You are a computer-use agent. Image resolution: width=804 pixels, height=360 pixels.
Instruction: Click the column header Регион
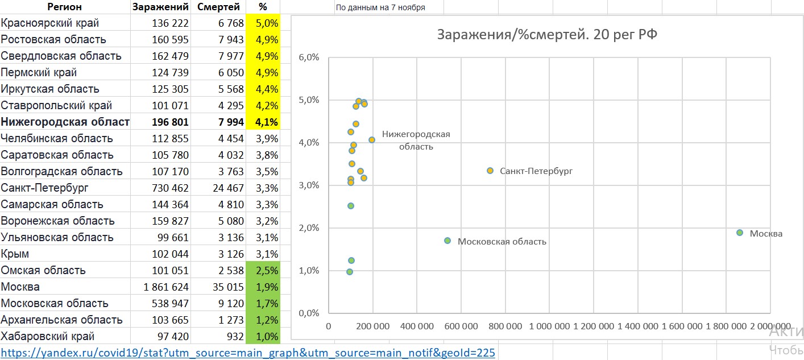click(x=64, y=7)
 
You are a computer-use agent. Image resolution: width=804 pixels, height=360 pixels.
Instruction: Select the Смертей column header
click(x=218, y=7)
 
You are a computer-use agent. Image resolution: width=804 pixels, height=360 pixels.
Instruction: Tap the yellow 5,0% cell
click(x=263, y=23)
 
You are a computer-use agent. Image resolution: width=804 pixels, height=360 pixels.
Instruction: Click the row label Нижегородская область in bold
click(x=65, y=122)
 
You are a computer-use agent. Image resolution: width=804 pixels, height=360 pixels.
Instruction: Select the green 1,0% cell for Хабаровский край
click(x=263, y=336)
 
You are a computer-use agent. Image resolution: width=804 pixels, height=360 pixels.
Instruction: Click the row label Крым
click(x=15, y=254)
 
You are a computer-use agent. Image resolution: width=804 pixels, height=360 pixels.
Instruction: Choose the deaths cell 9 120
click(x=230, y=303)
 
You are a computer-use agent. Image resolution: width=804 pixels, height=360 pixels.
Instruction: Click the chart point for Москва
click(x=740, y=233)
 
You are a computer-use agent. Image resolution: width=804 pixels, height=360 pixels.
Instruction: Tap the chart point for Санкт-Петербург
click(x=490, y=171)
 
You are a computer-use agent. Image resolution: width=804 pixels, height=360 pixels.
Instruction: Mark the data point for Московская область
click(x=447, y=241)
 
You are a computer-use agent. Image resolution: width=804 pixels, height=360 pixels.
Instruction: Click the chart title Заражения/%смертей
click(x=546, y=34)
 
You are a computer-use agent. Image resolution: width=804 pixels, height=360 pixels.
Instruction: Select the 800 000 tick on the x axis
click(x=505, y=326)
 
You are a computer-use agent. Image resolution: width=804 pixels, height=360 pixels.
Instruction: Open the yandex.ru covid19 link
click(x=248, y=353)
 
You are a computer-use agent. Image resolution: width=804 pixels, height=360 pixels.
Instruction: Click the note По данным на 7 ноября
click(x=380, y=7)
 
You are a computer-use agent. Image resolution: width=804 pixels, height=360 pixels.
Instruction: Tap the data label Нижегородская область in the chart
click(x=416, y=140)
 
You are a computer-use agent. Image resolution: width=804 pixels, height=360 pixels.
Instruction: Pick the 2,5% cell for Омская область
click(x=263, y=270)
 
